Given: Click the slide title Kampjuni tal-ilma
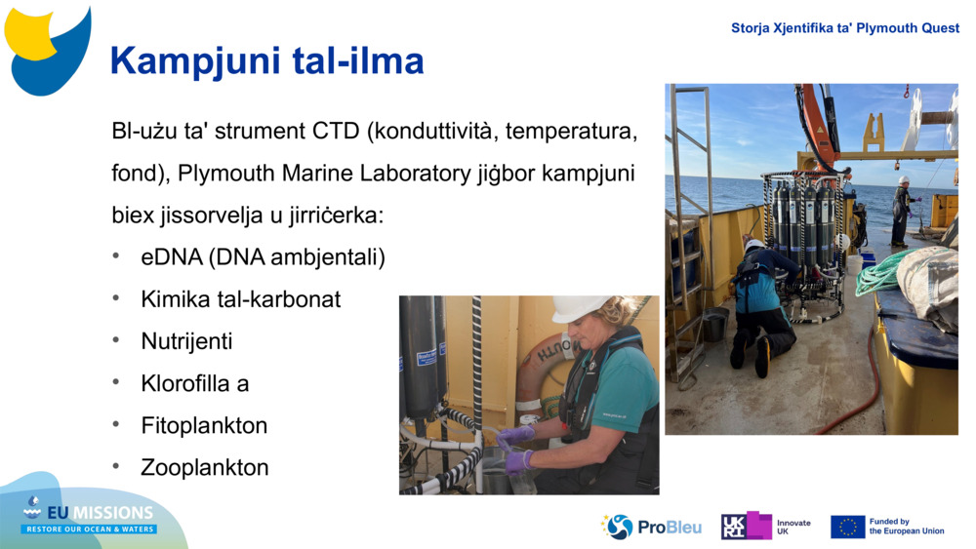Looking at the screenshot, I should point(266,60).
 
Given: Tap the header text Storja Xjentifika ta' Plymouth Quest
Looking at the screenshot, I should point(844,28).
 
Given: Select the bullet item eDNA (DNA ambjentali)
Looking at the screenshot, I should point(263,257).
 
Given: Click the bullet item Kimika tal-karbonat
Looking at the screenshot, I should point(240,299).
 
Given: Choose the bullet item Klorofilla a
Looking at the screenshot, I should point(194,383).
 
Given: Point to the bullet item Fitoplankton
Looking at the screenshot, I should point(203,425).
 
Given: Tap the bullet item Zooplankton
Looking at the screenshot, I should point(204,467).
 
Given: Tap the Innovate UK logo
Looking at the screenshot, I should point(765,527).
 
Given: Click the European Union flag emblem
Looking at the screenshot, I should point(847,527).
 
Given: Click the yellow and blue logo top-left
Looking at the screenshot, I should point(47,49).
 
